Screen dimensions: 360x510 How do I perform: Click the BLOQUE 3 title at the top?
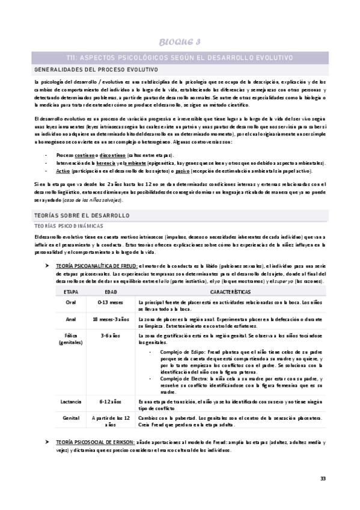point(180,41)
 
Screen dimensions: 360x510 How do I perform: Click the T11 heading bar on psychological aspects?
point(180,57)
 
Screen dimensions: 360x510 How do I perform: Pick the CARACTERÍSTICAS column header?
point(230,291)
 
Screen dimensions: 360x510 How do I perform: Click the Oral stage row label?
point(71,302)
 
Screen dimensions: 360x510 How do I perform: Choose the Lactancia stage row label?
point(71,401)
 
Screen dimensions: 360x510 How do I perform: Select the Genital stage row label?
point(71,417)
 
